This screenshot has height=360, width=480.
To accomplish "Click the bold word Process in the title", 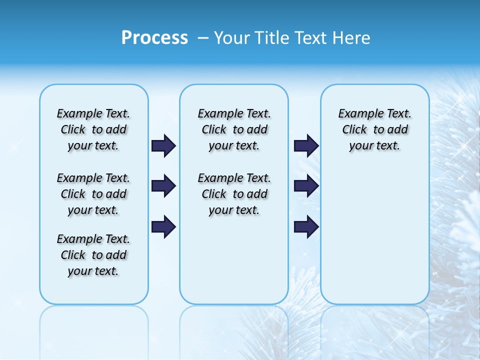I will click(154, 38).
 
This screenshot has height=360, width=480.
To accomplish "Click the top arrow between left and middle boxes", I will click(163, 145).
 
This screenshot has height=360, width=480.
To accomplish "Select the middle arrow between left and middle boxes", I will click(163, 186).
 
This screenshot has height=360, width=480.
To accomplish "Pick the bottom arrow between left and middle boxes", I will click(163, 226).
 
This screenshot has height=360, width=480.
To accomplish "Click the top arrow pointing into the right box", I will click(306, 145).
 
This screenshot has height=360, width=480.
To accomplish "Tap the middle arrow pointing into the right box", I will click(306, 186).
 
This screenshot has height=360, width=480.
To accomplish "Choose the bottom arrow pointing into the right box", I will click(306, 226).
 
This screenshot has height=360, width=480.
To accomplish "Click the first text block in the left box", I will click(93, 129).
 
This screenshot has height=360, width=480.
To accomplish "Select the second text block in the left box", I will click(93, 194).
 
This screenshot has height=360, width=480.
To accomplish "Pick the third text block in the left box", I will click(93, 255).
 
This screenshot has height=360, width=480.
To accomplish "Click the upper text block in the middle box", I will click(234, 129).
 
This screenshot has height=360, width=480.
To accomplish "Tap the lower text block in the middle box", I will click(234, 194).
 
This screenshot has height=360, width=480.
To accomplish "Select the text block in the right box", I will click(374, 129).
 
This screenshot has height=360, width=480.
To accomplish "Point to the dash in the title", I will click(202, 38).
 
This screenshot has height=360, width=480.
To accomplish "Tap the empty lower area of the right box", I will click(374, 240).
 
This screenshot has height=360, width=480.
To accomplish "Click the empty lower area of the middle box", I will click(234, 260).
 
